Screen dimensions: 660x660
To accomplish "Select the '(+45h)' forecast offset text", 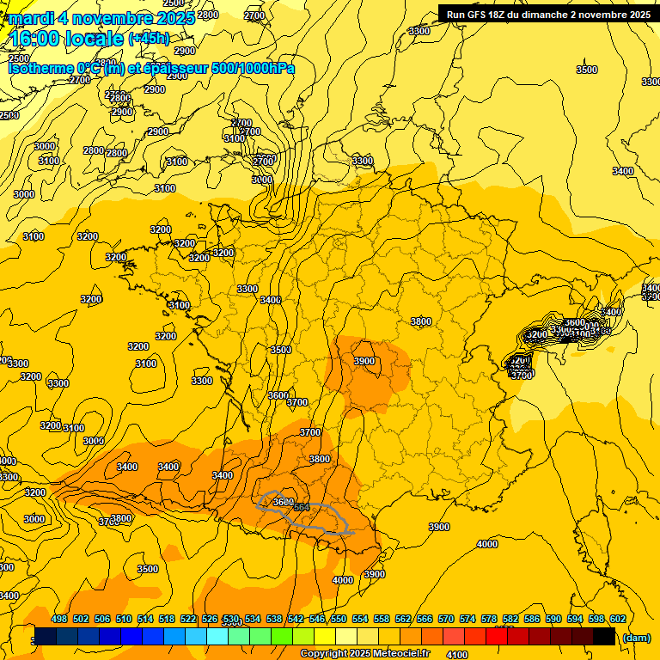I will pyautogui.click(x=149, y=39).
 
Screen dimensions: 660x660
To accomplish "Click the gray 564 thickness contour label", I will pyautogui.click(x=302, y=508).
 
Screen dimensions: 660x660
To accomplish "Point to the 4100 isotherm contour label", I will pyautogui.click(x=457, y=655).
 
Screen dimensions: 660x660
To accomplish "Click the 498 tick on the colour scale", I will pyautogui.click(x=59, y=619).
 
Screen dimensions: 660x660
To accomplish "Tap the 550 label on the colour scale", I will pyautogui.click(x=339, y=619).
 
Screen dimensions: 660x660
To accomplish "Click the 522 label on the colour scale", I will pyautogui.click(x=188, y=619).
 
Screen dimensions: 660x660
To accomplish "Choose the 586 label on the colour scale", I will pyautogui.click(x=532, y=619).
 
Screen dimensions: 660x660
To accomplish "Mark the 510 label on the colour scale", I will pyautogui.click(x=124, y=619).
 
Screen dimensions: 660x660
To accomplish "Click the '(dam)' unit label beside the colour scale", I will pyautogui.click(x=636, y=637).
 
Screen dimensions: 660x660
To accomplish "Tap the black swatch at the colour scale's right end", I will pyautogui.click(x=604, y=636).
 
